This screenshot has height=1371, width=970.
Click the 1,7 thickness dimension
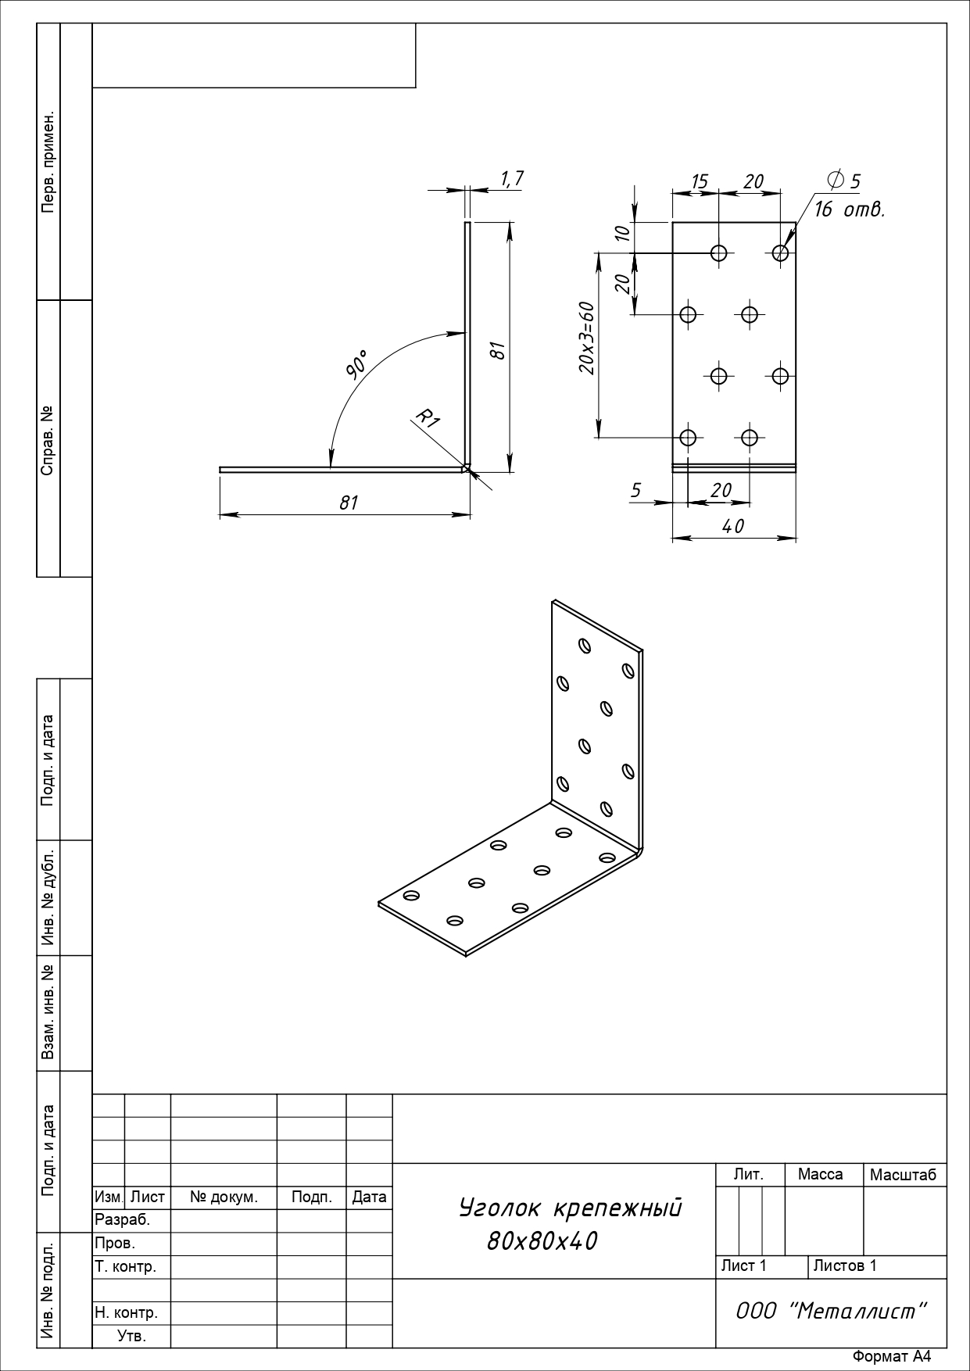point(512,179)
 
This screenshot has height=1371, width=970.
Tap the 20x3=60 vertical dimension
point(587,338)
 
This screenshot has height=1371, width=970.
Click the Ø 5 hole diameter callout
point(843,181)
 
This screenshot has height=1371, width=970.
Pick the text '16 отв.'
point(850,209)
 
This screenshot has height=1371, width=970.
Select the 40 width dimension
point(733,526)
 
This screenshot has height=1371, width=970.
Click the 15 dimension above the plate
point(699,182)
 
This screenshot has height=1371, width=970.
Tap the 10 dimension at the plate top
point(622,232)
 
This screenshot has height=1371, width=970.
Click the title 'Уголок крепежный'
point(571,1208)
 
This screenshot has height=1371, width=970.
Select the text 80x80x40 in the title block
point(542,1240)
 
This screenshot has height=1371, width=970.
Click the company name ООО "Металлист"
point(832,1311)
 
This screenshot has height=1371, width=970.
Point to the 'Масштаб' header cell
point(903,1175)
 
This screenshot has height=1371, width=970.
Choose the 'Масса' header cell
point(821,1174)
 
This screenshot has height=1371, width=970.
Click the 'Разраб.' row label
point(122,1220)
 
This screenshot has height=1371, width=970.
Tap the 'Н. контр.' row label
point(126,1312)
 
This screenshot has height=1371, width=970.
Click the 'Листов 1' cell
point(845,1265)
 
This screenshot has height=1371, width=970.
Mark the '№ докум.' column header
point(224,1197)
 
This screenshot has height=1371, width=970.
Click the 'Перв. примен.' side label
point(48,163)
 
